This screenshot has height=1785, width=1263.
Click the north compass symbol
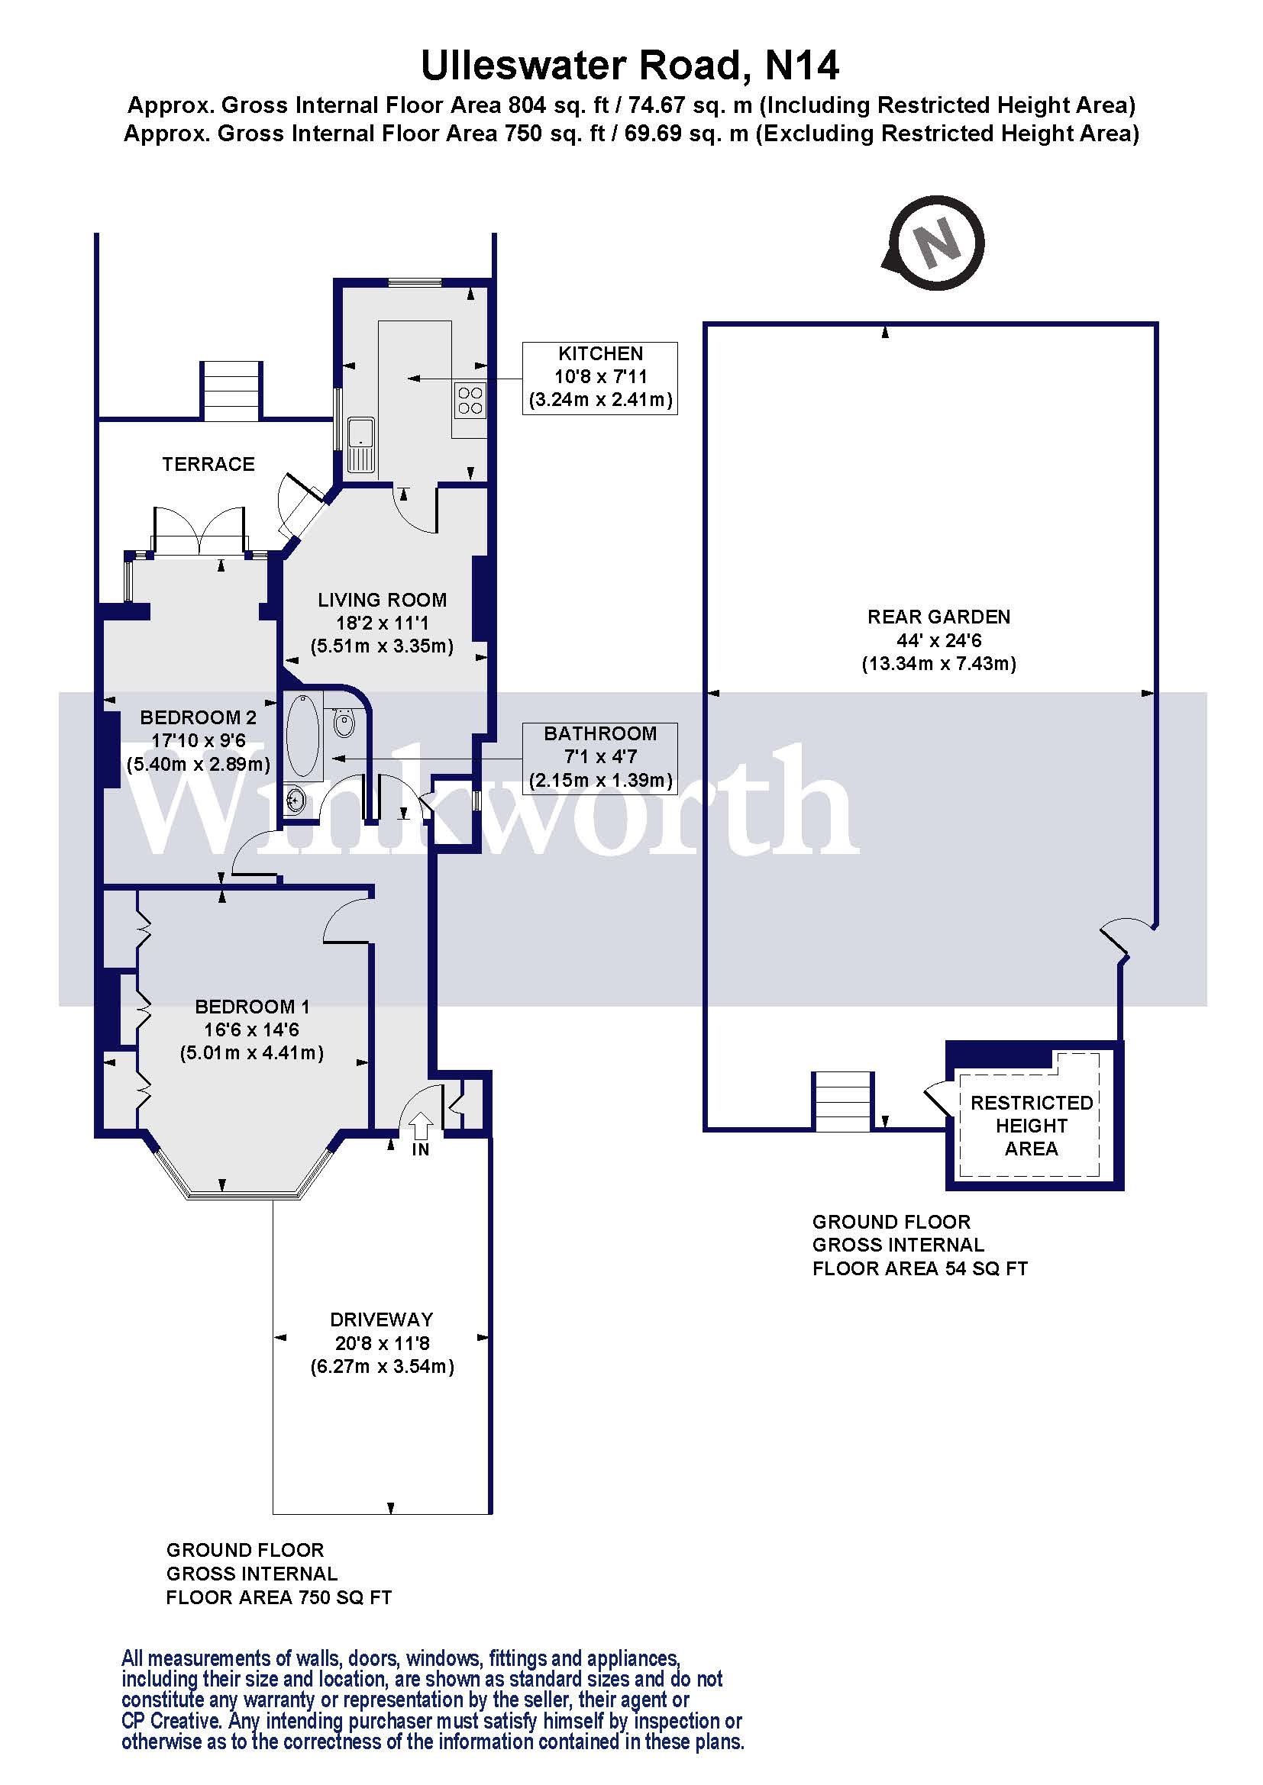point(935,243)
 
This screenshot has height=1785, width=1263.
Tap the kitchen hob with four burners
point(470,400)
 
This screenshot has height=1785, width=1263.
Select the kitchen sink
point(361,445)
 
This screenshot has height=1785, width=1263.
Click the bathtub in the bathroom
point(303,736)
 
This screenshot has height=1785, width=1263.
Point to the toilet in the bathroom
point(344,722)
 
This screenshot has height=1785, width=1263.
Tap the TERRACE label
point(208,464)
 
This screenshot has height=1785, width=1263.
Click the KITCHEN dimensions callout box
point(599,378)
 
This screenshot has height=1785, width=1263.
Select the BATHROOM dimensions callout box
point(599,758)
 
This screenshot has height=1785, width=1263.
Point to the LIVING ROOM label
point(382,600)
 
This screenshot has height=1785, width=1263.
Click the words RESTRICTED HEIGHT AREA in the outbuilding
point(1031,1125)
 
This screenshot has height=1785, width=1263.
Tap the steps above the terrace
point(231,390)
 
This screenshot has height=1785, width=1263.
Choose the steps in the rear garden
point(842,1101)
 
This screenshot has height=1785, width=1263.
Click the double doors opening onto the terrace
point(200,531)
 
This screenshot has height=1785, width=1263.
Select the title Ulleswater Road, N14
point(630,66)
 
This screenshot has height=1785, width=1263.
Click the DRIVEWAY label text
point(381,1319)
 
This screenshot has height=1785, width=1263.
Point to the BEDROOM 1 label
point(252,1007)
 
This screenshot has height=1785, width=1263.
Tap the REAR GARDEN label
point(938,617)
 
